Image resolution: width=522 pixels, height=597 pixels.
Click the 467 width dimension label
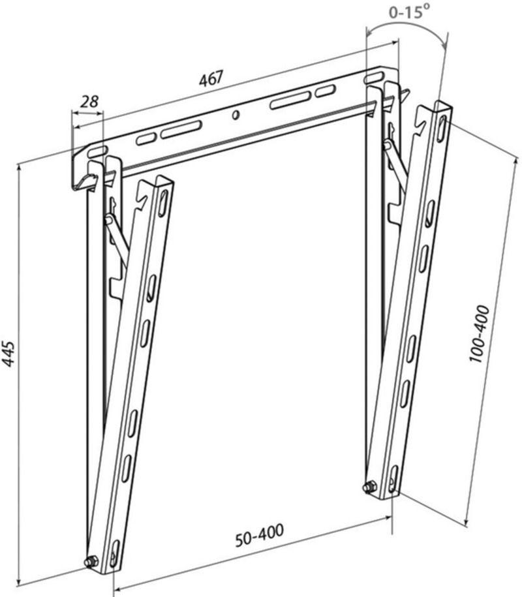(x=211, y=78)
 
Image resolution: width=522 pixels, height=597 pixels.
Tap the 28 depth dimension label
(x=89, y=102)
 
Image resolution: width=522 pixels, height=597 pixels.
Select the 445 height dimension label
(x=8, y=354)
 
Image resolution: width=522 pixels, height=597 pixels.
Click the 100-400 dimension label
(x=478, y=333)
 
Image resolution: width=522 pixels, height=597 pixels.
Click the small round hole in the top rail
(x=236, y=115)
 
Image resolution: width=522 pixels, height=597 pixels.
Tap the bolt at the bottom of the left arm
(x=91, y=561)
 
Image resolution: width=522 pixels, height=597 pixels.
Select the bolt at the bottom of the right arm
(x=369, y=487)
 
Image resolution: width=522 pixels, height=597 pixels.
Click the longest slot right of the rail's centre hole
(x=289, y=100)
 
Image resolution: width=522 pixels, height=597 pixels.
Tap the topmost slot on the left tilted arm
(x=164, y=203)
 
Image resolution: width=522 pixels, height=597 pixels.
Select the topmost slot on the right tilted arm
(x=442, y=127)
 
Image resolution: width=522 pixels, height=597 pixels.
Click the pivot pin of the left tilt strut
(x=109, y=219)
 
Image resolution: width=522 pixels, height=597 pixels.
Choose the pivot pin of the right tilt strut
(x=388, y=145)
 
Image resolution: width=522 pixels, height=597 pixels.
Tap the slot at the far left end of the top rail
(x=97, y=151)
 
